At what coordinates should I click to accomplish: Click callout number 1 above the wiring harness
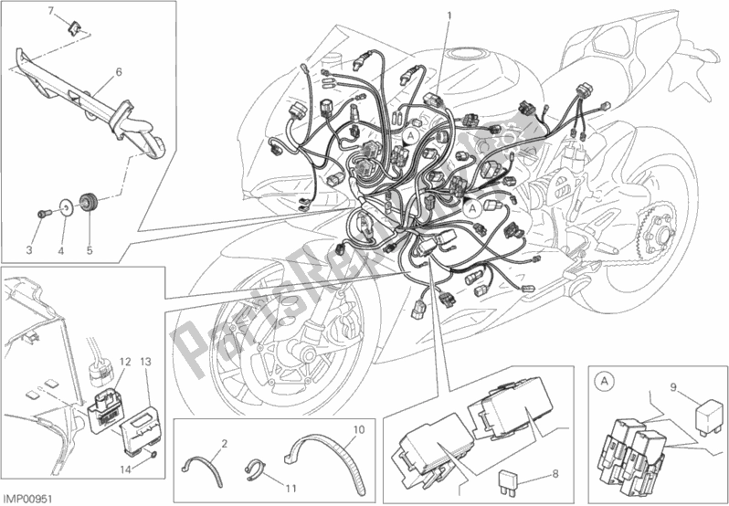pos(449,15)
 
